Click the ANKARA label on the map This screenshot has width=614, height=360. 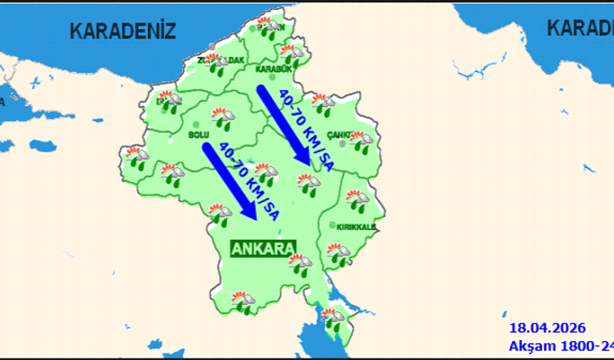click(x=263, y=249)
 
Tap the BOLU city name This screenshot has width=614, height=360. click(x=198, y=134)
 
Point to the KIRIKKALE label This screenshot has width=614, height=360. click(x=356, y=226)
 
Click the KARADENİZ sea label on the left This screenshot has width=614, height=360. click(x=123, y=31)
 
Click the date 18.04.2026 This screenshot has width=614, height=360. click(x=548, y=329)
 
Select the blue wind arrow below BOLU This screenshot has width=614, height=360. click(x=231, y=181)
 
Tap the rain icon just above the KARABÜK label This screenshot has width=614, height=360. click(x=291, y=54)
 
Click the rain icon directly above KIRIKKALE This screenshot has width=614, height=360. click(x=355, y=201)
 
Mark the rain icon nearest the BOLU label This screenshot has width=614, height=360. click(x=222, y=118)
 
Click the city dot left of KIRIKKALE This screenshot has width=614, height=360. click(x=332, y=226)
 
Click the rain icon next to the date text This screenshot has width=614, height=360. click(x=334, y=319)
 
